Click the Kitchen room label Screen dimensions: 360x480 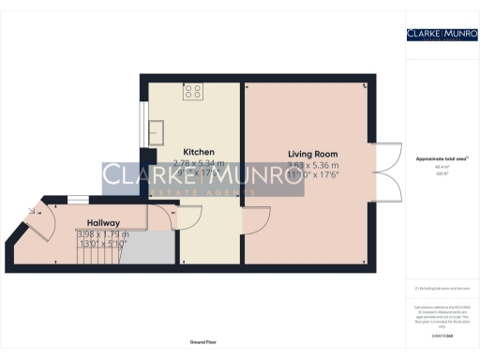click(x=199, y=152)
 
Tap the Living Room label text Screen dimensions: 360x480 click(x=312, y=154)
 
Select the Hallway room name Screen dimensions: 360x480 click(x=104, y=222)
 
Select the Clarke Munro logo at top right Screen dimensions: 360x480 click(x=441, y=36)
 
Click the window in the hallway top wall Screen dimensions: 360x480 click(x=75, y=196)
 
